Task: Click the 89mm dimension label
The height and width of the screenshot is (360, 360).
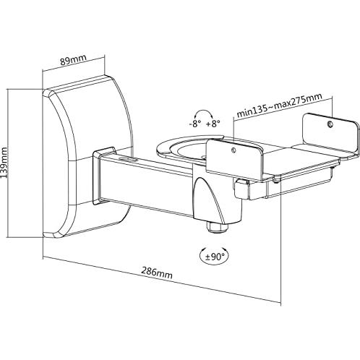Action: pos(73,60)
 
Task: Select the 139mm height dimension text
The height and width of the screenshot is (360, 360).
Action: pos(4,162)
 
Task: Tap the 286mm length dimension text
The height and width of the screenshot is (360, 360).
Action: pos(157,272)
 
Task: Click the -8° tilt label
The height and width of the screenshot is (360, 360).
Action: pos(195,124)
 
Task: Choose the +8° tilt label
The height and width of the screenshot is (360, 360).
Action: pos(213,124)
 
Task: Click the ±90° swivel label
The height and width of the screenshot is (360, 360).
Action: pos(214,257)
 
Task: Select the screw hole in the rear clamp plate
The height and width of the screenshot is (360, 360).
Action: pos(330,124)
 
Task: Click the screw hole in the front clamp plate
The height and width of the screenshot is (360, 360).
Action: pos(233,150)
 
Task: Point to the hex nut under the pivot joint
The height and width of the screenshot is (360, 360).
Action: pos(216,227)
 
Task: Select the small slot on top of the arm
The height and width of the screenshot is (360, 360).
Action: pos(128,159)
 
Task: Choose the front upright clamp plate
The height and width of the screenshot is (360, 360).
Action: pos(233,160)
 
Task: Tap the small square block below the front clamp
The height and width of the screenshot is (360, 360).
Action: pos(241,189)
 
